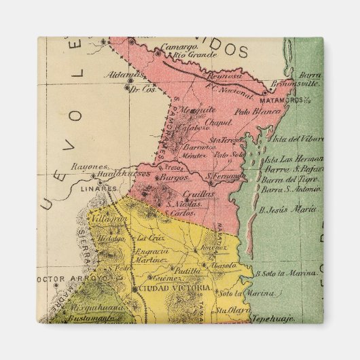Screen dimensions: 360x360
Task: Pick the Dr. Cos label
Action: click(143, 88)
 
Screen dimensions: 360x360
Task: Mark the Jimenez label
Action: click(213, 249)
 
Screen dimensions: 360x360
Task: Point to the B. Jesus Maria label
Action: click(289, 211)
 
